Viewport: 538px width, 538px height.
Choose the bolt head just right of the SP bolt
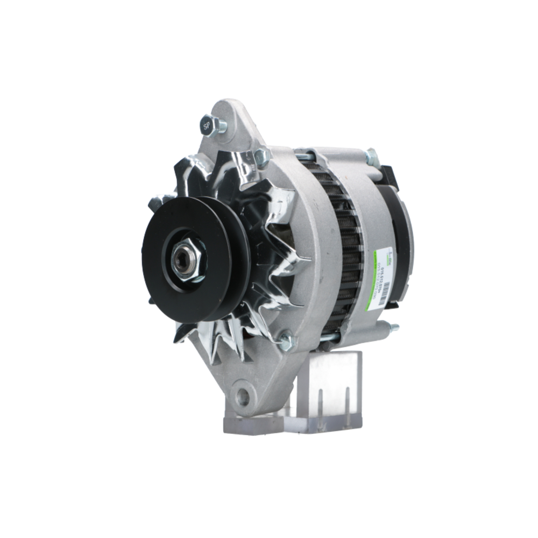tap(263, 157)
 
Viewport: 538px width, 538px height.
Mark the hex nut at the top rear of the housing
tap(371, 157)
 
